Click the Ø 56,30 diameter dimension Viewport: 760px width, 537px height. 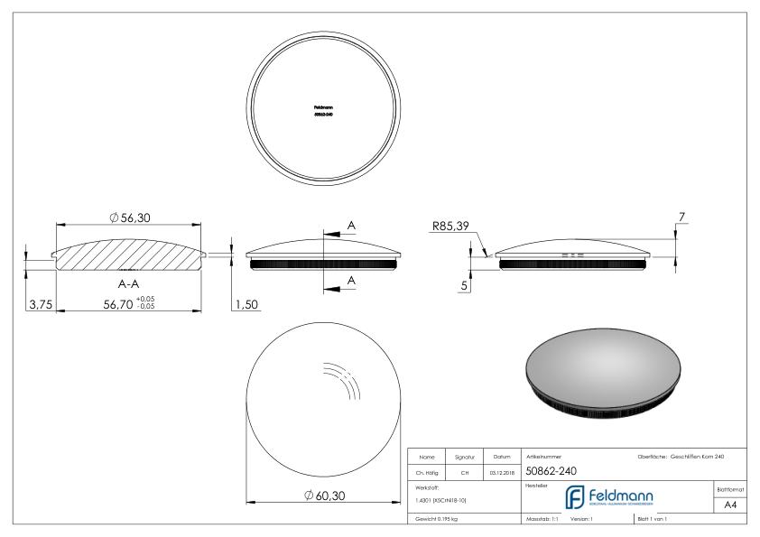pos(132,217)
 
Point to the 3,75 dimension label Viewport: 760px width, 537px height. pos(39,304)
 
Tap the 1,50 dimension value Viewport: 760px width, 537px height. pos(246,304)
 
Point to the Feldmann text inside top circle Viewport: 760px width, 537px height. pos(323,108)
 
